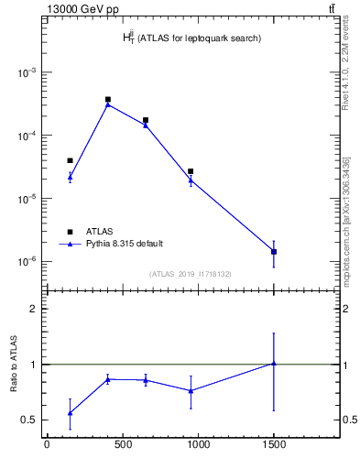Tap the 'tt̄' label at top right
pyautogui.click(x=330, y=9)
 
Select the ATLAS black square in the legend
pyautogui.click(x=70, y=231)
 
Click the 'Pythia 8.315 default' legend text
pyautogui.click(x=125, y=244)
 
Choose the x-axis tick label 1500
pyautogui.click(x=274, y=448)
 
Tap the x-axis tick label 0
pyautogui.click(x=47, y=448)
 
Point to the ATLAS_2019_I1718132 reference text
pyautogui.click(x=191, y=274)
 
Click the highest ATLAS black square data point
pyautogui.click(x=108, y=99)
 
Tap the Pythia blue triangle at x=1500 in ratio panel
pyautogui.click(x=274, y=364)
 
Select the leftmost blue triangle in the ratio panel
pyautogui.click(x=70, y=413)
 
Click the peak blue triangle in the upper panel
pyautogui.click(x=108, y=104)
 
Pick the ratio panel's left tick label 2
pyautogui.click(x=35, y=309)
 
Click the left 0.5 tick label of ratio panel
pyautogui.click(x=30, y=420)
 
